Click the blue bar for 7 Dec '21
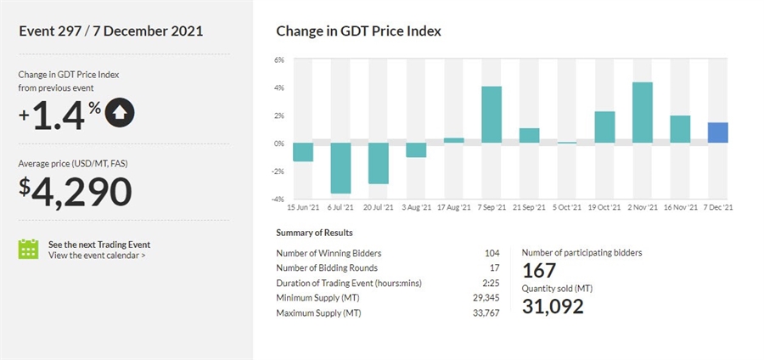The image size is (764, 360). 717,132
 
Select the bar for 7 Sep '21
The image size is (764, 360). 492,115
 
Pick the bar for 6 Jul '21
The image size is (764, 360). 340,167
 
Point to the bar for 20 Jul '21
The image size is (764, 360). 378,163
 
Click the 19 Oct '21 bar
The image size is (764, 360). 604,127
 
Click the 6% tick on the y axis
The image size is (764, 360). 278,59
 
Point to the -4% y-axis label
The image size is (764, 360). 278,199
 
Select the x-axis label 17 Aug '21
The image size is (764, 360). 453,206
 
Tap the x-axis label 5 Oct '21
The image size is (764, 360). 566,206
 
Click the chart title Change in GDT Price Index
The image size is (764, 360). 358,31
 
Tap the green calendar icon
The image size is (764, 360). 29,249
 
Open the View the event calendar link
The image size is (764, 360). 96,255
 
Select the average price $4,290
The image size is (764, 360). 76,191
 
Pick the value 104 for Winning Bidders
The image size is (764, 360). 491,252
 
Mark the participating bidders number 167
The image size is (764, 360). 539,271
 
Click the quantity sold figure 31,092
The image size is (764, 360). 553,306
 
